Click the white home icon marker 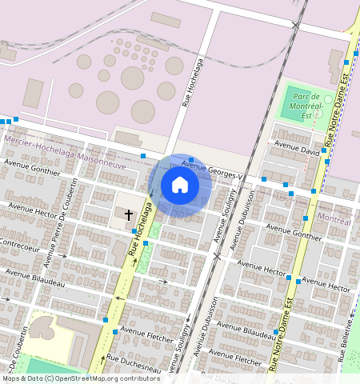(x=180, y=186)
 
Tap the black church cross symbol (x=129, y=214)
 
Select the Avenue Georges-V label (x=212, y=166)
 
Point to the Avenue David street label (x=297, y=149)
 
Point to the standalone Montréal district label (x=334, y=218)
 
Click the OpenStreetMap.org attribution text (x=88, y=378)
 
